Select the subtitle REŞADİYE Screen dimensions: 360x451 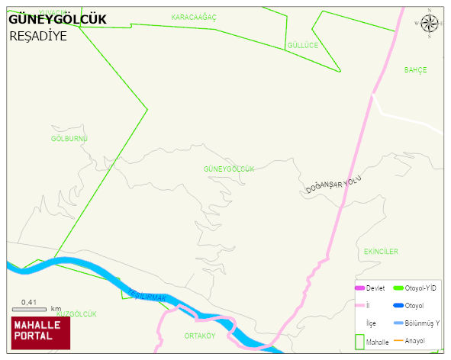(38, 35)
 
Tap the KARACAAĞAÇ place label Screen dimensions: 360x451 (194, 17)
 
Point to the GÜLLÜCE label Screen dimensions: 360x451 (302, 45)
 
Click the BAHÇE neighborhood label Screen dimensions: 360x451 (415, 69)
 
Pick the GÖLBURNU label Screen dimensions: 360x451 (69, 138)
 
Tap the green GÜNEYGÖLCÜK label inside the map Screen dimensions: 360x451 (228, 168)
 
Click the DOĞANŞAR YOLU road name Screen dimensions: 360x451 (333, 185)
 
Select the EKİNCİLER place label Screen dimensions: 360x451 (381, 251)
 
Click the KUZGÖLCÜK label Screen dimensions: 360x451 (77, 313)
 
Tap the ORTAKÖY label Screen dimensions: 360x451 (200, 335)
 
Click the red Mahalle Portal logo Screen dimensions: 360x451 (40, 332)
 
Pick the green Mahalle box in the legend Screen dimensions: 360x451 (359, 341)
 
